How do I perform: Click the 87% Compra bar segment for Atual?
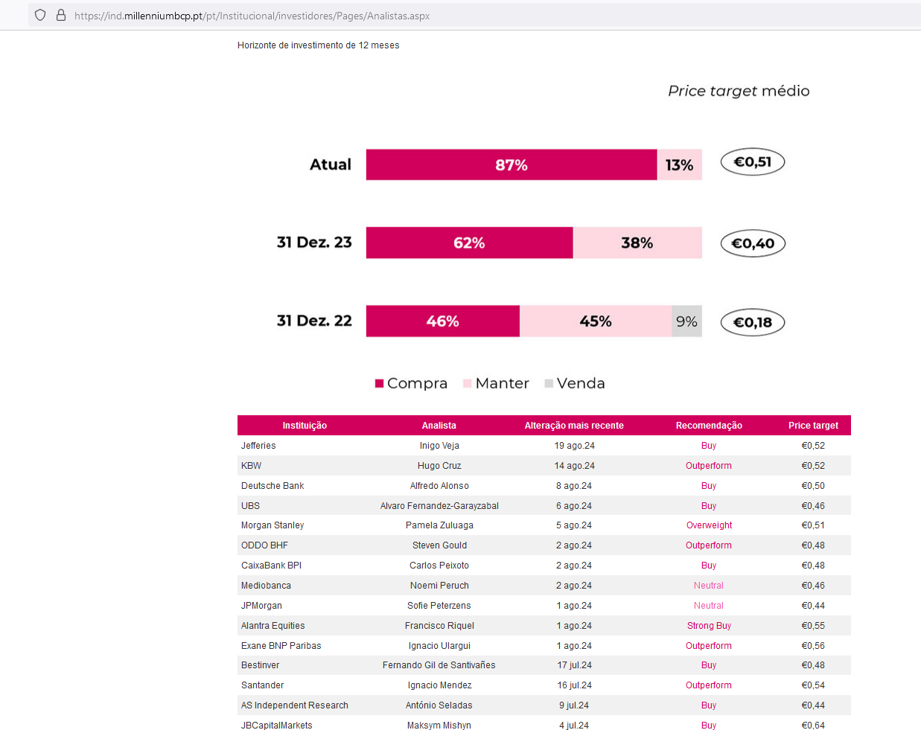tap(512, 164)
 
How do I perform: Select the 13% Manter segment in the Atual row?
tap(679, 164)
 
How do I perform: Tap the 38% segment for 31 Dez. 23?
tap(637, 243)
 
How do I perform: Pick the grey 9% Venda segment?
tap(686, 321)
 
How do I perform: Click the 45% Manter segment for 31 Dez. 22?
tap(596, 321)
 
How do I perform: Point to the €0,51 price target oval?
tap(753, 162)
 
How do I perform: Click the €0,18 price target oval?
tap(753, 322)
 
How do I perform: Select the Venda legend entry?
tap(575, 383)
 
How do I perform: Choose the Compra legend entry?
tap(411, 383)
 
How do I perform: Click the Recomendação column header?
tap(709, 426)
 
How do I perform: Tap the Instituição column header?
tap(305, 426)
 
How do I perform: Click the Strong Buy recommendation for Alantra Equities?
tap(709, 626)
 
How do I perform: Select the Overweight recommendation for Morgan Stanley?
tap(709, 525)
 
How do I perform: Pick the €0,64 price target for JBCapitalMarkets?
tap(813, 726)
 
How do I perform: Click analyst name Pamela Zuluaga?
tap(439, 525)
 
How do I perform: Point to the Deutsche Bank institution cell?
tap(273, 486)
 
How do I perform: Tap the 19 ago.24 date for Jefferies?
tap(574, 446)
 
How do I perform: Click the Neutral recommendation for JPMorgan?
tap(709, 606)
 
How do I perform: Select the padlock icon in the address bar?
tap(61, 15)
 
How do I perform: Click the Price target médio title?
tap(739, 91)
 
